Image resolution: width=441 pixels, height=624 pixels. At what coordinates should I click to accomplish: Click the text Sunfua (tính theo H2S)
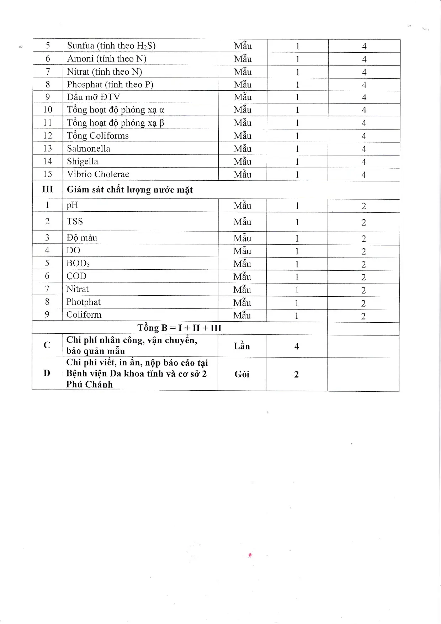(111, 46)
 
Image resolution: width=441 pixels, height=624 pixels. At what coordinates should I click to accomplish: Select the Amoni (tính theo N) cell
(107, 59)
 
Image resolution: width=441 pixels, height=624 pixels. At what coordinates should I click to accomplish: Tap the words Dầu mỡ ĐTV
(94, 97)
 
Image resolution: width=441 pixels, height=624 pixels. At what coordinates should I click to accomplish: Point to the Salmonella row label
(89, 149)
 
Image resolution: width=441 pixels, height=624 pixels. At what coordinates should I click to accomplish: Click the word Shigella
(83, 162)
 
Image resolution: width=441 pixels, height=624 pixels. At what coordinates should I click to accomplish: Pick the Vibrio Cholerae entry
(98, 174)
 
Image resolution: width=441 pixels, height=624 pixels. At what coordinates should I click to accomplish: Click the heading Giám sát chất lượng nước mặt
(130, 190)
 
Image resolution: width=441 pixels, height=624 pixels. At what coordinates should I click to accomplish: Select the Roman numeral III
(47, 189)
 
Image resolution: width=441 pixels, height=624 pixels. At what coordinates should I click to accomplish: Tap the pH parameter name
(72, 206)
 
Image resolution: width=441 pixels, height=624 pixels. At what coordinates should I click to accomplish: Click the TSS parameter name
(75, 222)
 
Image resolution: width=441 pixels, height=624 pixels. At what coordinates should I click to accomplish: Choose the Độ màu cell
(82, 238)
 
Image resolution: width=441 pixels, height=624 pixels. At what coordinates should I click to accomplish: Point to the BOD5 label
(78, 264)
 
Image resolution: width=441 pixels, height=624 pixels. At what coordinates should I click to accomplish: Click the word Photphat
(84, 302)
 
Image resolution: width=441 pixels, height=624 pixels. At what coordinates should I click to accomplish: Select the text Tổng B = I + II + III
(180, 328)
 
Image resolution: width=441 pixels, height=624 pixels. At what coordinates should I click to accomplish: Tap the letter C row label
(47, 345)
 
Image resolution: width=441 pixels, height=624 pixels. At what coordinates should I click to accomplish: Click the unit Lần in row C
(242, 346)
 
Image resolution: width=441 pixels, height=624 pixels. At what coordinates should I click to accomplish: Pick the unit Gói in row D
(242, 374)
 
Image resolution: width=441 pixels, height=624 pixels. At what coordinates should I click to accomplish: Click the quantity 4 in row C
(297, 347)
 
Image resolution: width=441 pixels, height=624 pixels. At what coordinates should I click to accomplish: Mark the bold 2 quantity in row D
(297, 375)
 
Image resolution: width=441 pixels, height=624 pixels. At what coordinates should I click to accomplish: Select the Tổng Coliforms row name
(98, 136)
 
